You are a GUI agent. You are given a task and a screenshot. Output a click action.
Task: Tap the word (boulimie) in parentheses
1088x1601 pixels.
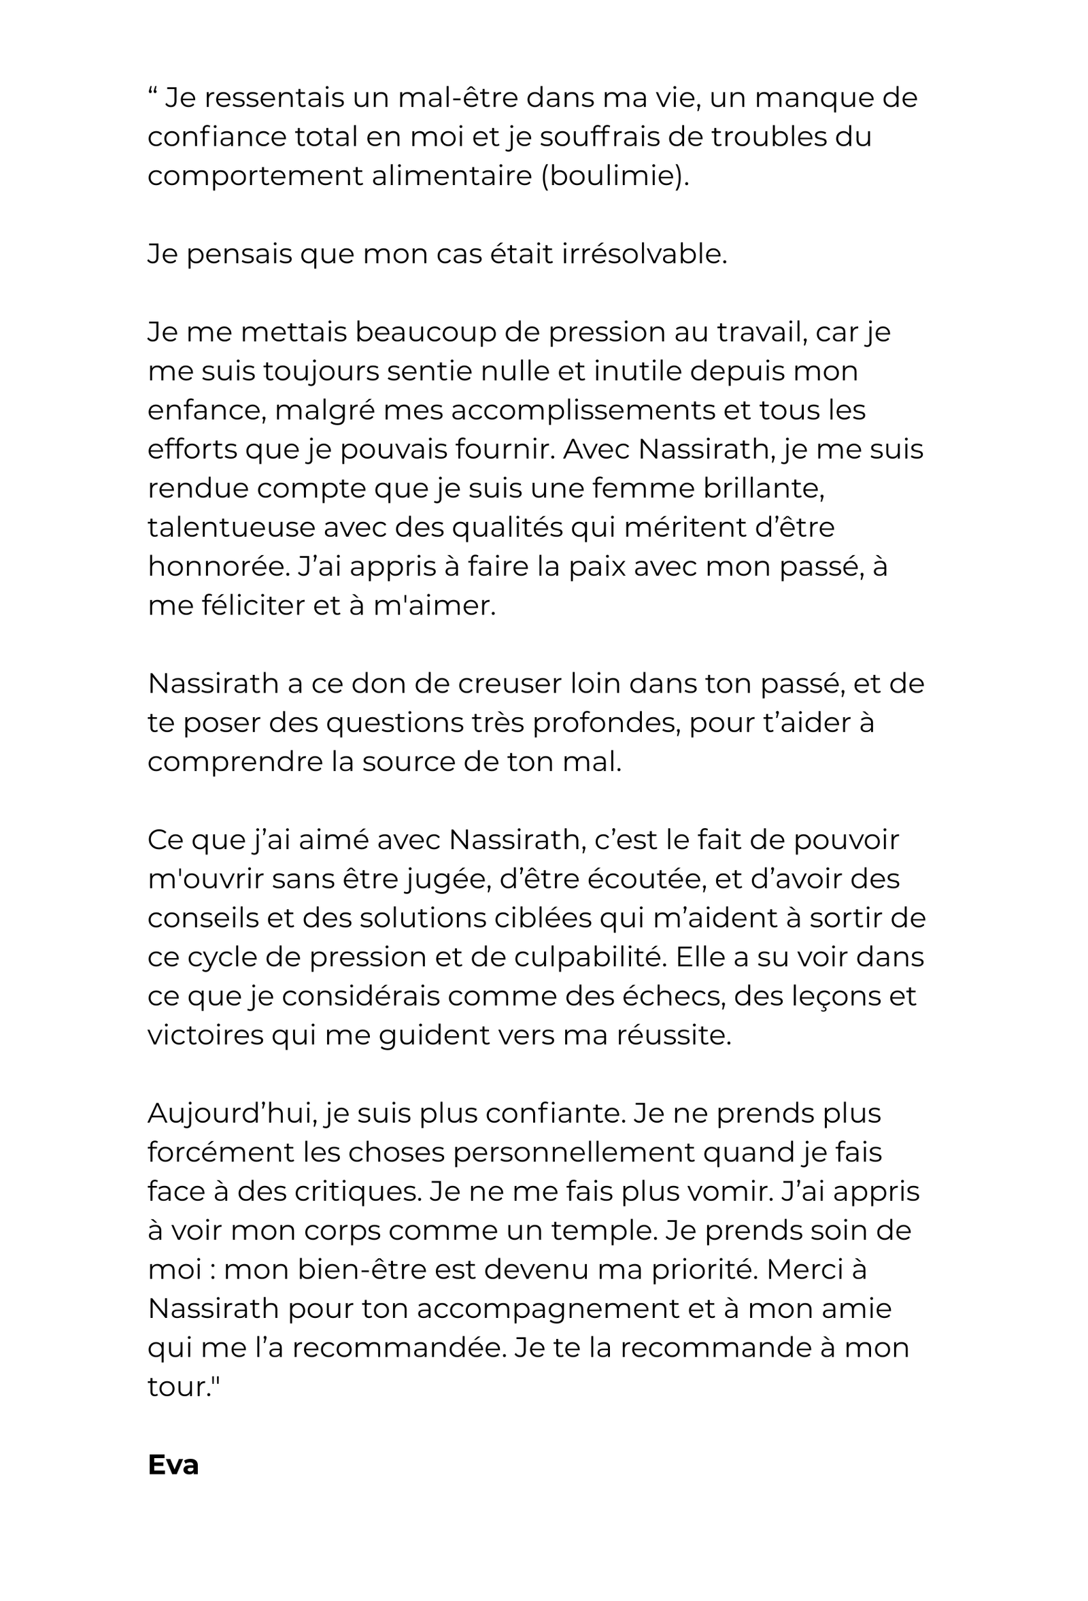tap(614, 176)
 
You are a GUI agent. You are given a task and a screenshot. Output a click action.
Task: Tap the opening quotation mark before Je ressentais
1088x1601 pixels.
tap(152, 92)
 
